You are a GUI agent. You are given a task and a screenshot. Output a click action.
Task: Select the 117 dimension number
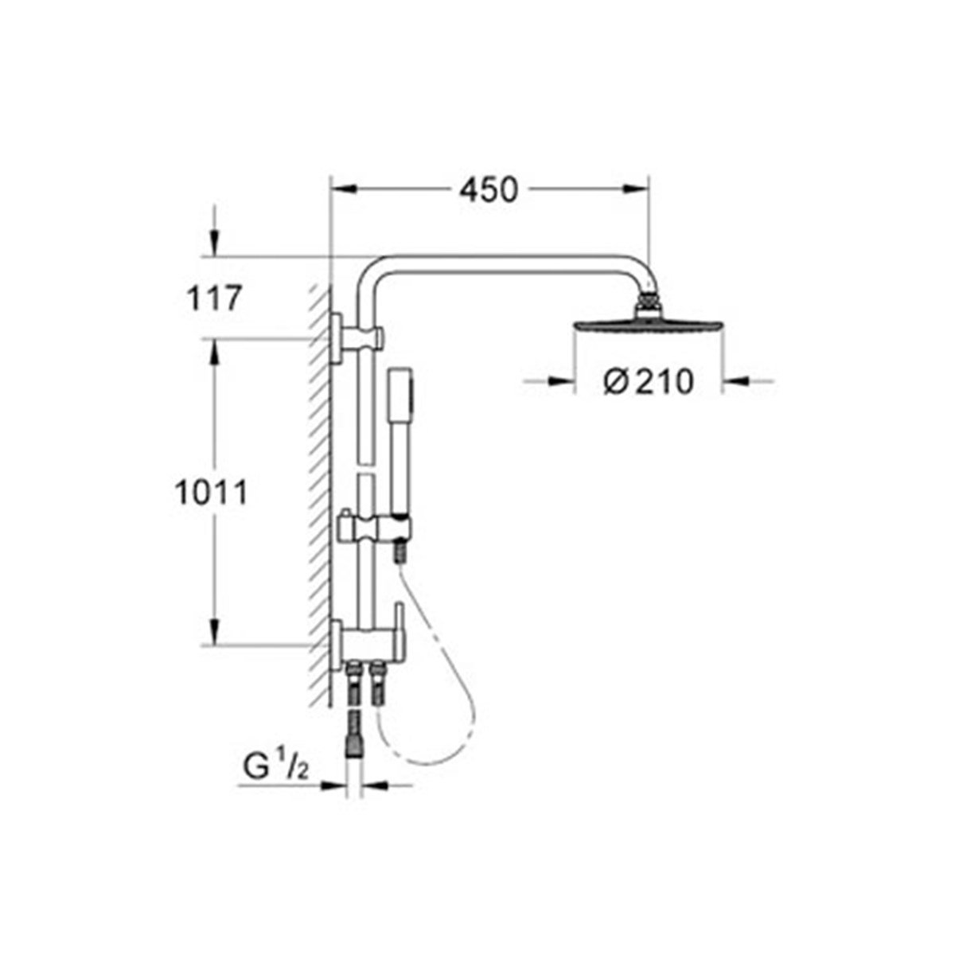pyautogui.click(x=212, y=300)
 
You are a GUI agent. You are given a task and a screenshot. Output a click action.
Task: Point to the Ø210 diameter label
pyautogui.click(x=648, y=383)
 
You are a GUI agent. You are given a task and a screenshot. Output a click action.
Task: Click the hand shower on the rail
pyautogui.click(x=397, y=446)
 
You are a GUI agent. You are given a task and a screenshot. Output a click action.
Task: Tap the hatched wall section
pyautogui.click(x=319, y=493)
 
